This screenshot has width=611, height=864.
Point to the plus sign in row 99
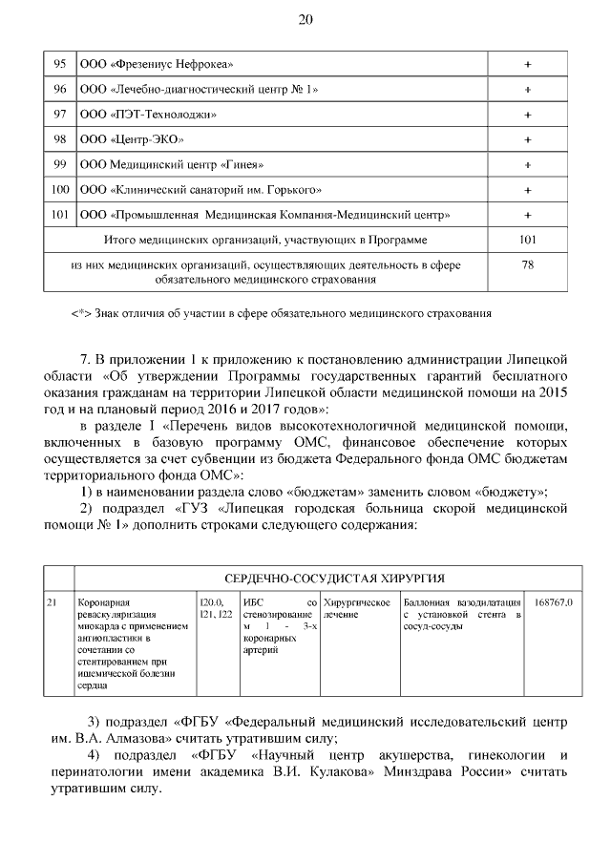pos(527,164)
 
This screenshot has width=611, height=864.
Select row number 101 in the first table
pos(59,215)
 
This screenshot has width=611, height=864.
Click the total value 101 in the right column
pos(527,240)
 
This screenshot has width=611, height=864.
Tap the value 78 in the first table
pos(527,265)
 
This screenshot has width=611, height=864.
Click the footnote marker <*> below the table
pos(81,312)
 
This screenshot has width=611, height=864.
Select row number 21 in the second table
pos(54,602)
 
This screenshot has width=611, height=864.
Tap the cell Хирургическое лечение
pos(357,608)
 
